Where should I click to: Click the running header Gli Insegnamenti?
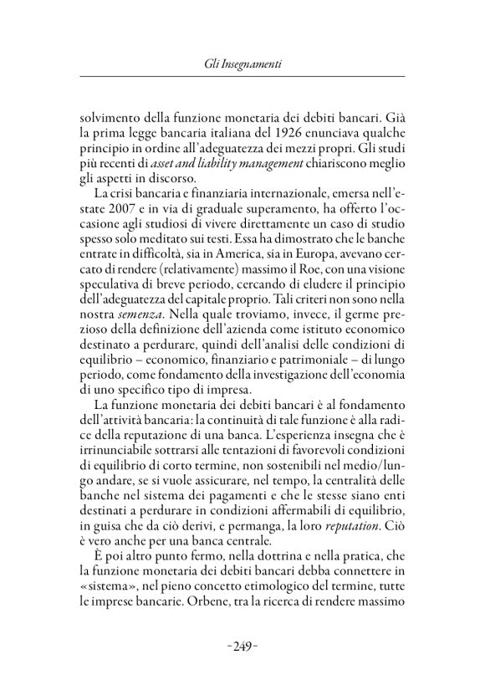coord(242,64)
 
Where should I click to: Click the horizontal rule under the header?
coord(242,79)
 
